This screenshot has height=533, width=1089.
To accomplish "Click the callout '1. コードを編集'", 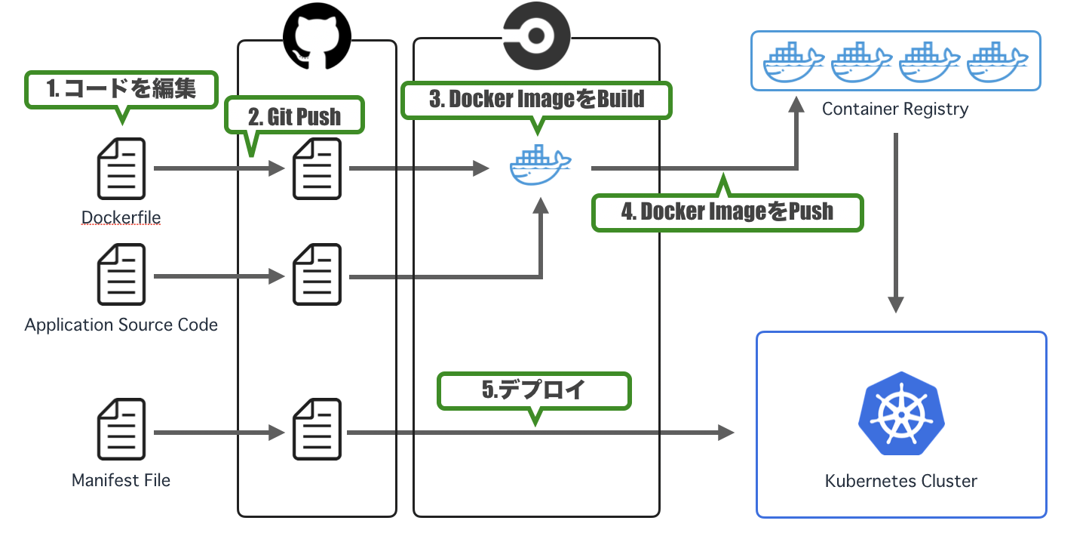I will [x=121, y=89].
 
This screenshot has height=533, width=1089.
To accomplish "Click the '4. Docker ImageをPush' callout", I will [x=727, y=211].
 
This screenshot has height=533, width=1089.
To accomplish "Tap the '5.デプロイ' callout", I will [x=533, y=390].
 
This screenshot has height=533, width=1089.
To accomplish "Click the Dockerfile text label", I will [x=121, y=217].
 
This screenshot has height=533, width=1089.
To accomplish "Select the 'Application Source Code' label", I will [x=121, y=325].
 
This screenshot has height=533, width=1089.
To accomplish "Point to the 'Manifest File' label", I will [x=121, y=480].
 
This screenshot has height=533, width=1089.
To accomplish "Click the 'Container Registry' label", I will [x=895, y=109].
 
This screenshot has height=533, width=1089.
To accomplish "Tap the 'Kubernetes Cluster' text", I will [x=901, y=480].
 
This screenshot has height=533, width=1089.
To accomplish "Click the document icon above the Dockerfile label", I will [x=121, y=169].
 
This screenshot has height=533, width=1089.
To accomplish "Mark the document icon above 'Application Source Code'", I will [x=121, y=276].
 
